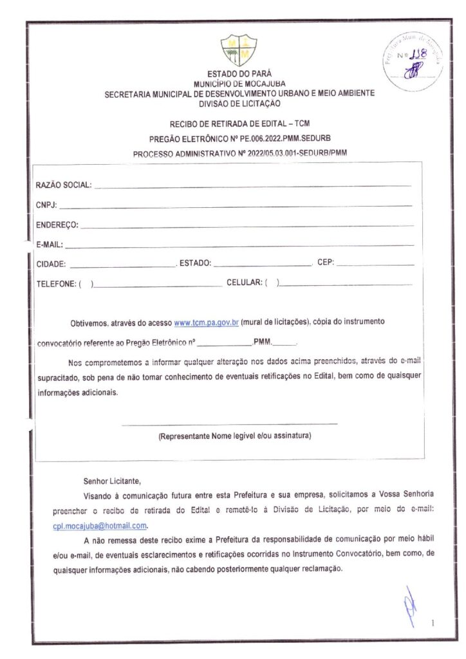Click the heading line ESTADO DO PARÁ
pos(239,75)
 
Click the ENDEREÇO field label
pos(57,225)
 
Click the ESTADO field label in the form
pos(195,263)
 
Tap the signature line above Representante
pos(229,424)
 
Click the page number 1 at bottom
pos(433,623)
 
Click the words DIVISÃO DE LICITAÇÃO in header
pos(239,103)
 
